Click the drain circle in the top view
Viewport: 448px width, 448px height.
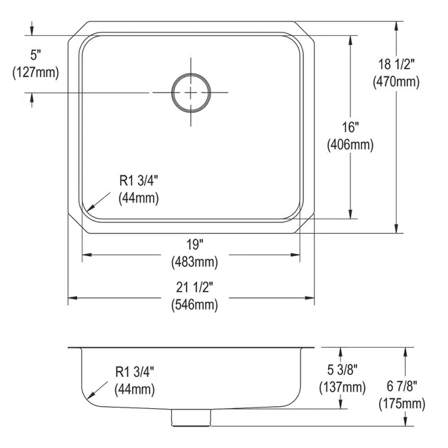(192, 92)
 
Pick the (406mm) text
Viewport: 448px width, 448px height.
(349, 144)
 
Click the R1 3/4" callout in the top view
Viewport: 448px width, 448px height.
(139, 179)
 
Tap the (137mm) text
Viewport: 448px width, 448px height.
(344, 388)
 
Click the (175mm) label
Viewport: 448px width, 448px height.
(402, 403)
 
